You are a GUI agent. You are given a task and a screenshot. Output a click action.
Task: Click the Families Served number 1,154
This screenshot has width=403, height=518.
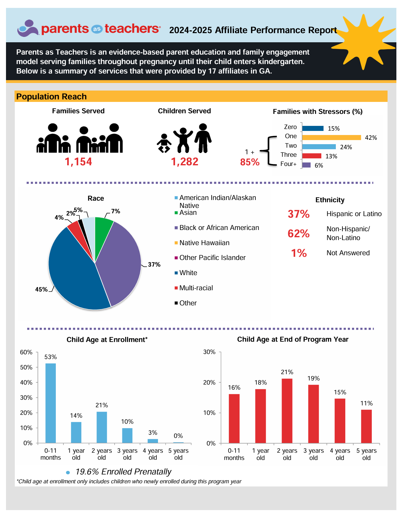pyautogui.click(x=78, y=162)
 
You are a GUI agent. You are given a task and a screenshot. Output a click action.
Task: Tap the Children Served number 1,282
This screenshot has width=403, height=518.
pyautogui.click(x=184, y=162)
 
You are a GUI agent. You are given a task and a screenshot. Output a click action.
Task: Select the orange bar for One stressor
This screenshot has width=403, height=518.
pyautogui.click(x=331, y=138)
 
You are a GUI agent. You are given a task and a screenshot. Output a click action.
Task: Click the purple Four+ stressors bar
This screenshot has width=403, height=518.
pyautogui.click(x=306, y=165)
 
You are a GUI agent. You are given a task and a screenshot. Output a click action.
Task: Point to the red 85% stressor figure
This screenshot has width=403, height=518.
pyautogui.click(x=250, y=162)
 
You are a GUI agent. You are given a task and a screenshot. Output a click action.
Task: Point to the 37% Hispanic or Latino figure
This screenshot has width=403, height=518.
pyautogui.click(x=299, y=214)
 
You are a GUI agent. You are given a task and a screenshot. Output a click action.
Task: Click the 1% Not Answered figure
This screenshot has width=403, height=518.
pyautogui.click(x=299, y=253)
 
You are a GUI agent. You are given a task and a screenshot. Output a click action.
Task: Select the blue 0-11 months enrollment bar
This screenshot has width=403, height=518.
pyautogui.click(x=50, y=403)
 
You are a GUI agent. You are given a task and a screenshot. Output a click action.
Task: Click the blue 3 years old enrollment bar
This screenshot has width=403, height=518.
pyautogui.click(x=127, y=436)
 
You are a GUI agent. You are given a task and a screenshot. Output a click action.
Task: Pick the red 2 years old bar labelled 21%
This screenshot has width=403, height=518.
pyautogui.click(x=287, y=411)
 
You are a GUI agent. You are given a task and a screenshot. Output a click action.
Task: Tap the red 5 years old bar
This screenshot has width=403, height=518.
pyautogui.click(x=366, y=426)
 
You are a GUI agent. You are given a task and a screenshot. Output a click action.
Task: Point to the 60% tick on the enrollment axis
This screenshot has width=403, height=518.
pyautogui.click(x=26, y=352)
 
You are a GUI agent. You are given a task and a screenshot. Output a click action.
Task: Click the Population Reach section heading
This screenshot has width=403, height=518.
pyautogui.click(x=51, y=97)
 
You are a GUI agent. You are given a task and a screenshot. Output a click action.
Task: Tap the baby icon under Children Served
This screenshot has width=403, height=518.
pyautogui.click(x=164, y=143)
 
